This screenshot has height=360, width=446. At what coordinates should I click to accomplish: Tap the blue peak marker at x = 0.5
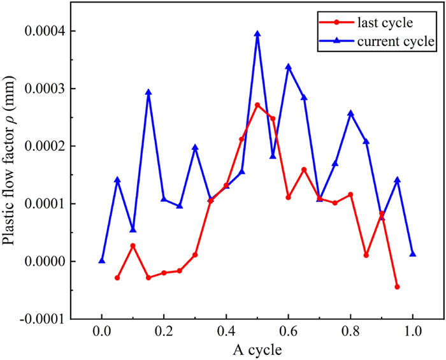tap(257, 34)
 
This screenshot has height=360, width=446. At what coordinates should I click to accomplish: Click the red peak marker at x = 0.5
tap(257, 104)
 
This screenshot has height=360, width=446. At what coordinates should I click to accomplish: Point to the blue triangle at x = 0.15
tap(148, 92)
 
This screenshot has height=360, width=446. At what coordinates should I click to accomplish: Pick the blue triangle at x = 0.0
tap(102, 260)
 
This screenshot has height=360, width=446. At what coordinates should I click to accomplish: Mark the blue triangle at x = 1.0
tap(413, 254)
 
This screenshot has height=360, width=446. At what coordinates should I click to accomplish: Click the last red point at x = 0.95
tap(397, 287)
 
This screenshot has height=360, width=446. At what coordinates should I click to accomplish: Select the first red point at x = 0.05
tap(117, 278)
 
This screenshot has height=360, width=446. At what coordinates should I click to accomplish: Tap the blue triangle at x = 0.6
tap(289, 66)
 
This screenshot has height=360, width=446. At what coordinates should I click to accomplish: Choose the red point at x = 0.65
tap(304, 169)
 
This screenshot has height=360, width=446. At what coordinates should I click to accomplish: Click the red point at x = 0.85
tap(366, 256)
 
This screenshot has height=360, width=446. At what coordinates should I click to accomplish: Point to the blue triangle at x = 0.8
tap(350, 113)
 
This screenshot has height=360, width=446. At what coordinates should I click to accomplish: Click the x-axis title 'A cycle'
tap(257, 349)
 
